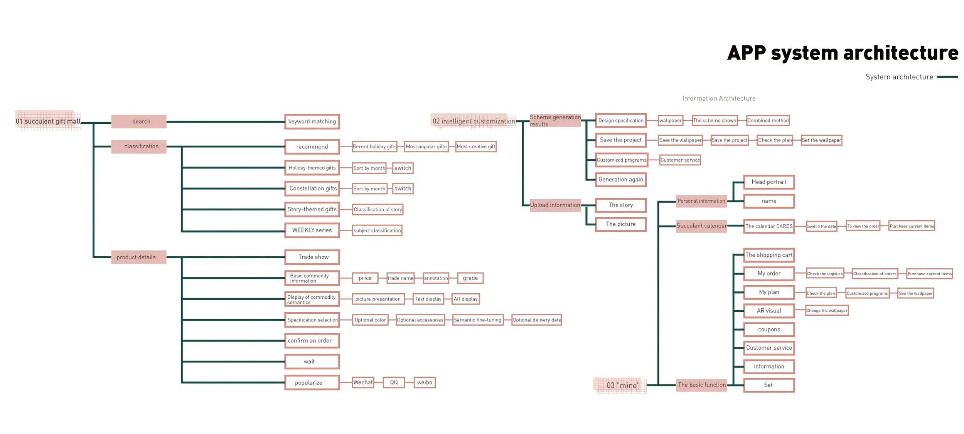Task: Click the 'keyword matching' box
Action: (312, 121)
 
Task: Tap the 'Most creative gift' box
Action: (475, 146)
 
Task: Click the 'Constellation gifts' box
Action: (312, 188)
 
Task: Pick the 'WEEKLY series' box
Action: (312, 230)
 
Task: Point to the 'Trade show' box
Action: (312, 257)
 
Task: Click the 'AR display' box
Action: (465, 299)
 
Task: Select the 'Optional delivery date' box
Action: (536, 320)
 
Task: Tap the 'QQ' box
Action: (394, 382)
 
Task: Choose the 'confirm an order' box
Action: (312, 341)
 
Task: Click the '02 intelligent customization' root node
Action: (474, 121)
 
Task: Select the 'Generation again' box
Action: (620, 180)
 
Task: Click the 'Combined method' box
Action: (768, 121)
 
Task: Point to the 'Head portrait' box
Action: (769, 182)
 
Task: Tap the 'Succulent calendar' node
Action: (701, 226)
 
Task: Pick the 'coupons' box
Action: (769, 330)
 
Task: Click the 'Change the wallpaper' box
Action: (827, 311)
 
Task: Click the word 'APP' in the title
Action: (746, 53)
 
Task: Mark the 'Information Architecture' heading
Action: (719, 99)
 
